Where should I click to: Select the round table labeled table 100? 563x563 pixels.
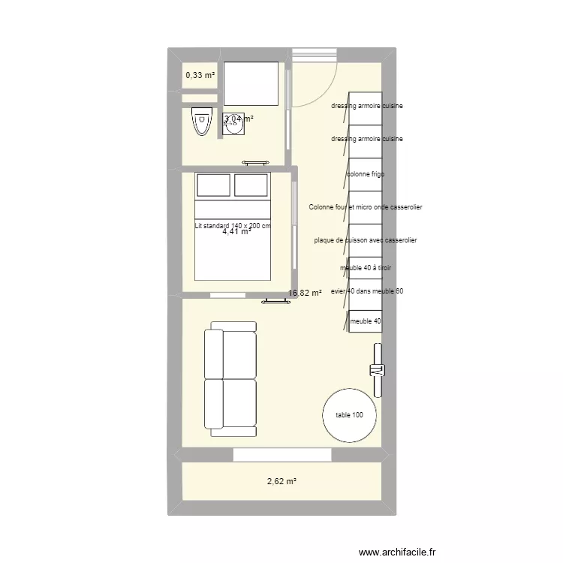(x=349, y=415)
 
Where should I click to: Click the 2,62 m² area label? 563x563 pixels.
(x=281, y=481)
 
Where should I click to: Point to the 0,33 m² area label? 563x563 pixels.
(x=200, y=75)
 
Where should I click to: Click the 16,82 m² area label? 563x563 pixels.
(x=305, y=294)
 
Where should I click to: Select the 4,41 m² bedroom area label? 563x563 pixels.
(x=236, y=232)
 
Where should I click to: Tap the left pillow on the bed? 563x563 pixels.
(x=213, y=185)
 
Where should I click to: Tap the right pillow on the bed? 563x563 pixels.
(x=251, y=185)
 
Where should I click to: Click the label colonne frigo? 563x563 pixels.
(x=366, y=174)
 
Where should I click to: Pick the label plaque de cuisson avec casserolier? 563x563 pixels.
(x=366, y=240)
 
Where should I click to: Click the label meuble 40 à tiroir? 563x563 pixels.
(x=366, y=268)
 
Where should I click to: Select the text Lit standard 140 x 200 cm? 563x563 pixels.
(x=232, y=225)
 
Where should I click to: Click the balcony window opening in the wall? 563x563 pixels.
(x=281, y=455)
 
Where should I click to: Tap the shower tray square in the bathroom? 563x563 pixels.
(x=251, y=83)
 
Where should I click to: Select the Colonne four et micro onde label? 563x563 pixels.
(x=366, y=206)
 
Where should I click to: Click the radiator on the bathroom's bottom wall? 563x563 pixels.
(x=255, y=162)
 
